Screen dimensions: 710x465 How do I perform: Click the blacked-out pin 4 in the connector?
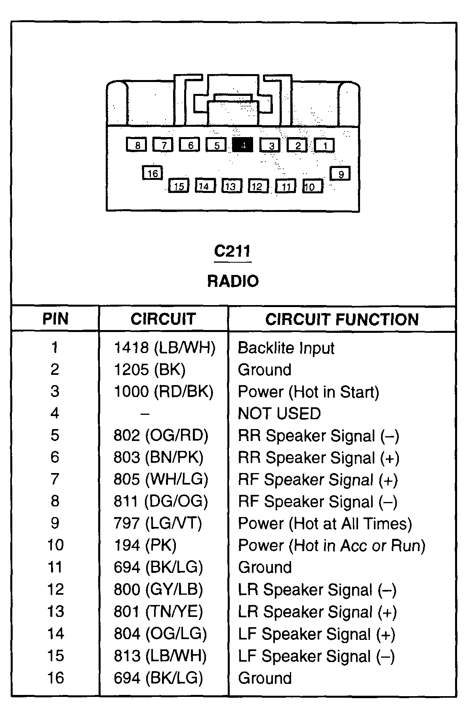pyautogui.click(x=242, y=145)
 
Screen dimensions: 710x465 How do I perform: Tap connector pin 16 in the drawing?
pyautogui.click(x=152, y=173)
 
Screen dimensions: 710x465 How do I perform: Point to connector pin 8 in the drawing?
pyautogui.click(x=137, y=145)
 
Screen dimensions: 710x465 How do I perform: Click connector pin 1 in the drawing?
pyautogui.click(x=325, y=145)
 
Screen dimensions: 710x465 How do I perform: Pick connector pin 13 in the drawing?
pyautogui.click(x=231, y=186)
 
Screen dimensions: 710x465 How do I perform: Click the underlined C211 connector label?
pyautogui.click(x=232, y=251)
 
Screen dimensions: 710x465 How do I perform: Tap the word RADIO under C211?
pyautogui.click(x=233, y=281)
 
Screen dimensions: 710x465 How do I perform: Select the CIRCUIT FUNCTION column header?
pyautogui.click(x=342, y=319)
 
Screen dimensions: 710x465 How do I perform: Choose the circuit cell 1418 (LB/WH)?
pyautogui.click(x=164, y=348)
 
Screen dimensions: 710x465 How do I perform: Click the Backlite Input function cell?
pyautogui.click(x=286, y=348)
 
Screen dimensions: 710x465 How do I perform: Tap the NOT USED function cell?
pyautogui.click(x=279, y=414)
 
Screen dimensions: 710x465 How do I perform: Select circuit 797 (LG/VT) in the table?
pyautogui.click(x=158, y=523)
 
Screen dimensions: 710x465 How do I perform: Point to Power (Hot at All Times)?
pyautogui.click(x=325, y=524)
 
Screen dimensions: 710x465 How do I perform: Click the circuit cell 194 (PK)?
pyautogui.click(x=145, y=546)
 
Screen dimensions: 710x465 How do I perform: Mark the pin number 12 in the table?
pyautogui.click(x=55, y=590)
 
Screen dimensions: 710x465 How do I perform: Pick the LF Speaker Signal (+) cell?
pyautogui.click(x=316, y=634)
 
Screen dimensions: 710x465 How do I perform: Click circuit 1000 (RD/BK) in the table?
pyautogui.click(x=163, y=392)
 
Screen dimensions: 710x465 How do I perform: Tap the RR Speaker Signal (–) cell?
pyautogui.click(x=318, y=436)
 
